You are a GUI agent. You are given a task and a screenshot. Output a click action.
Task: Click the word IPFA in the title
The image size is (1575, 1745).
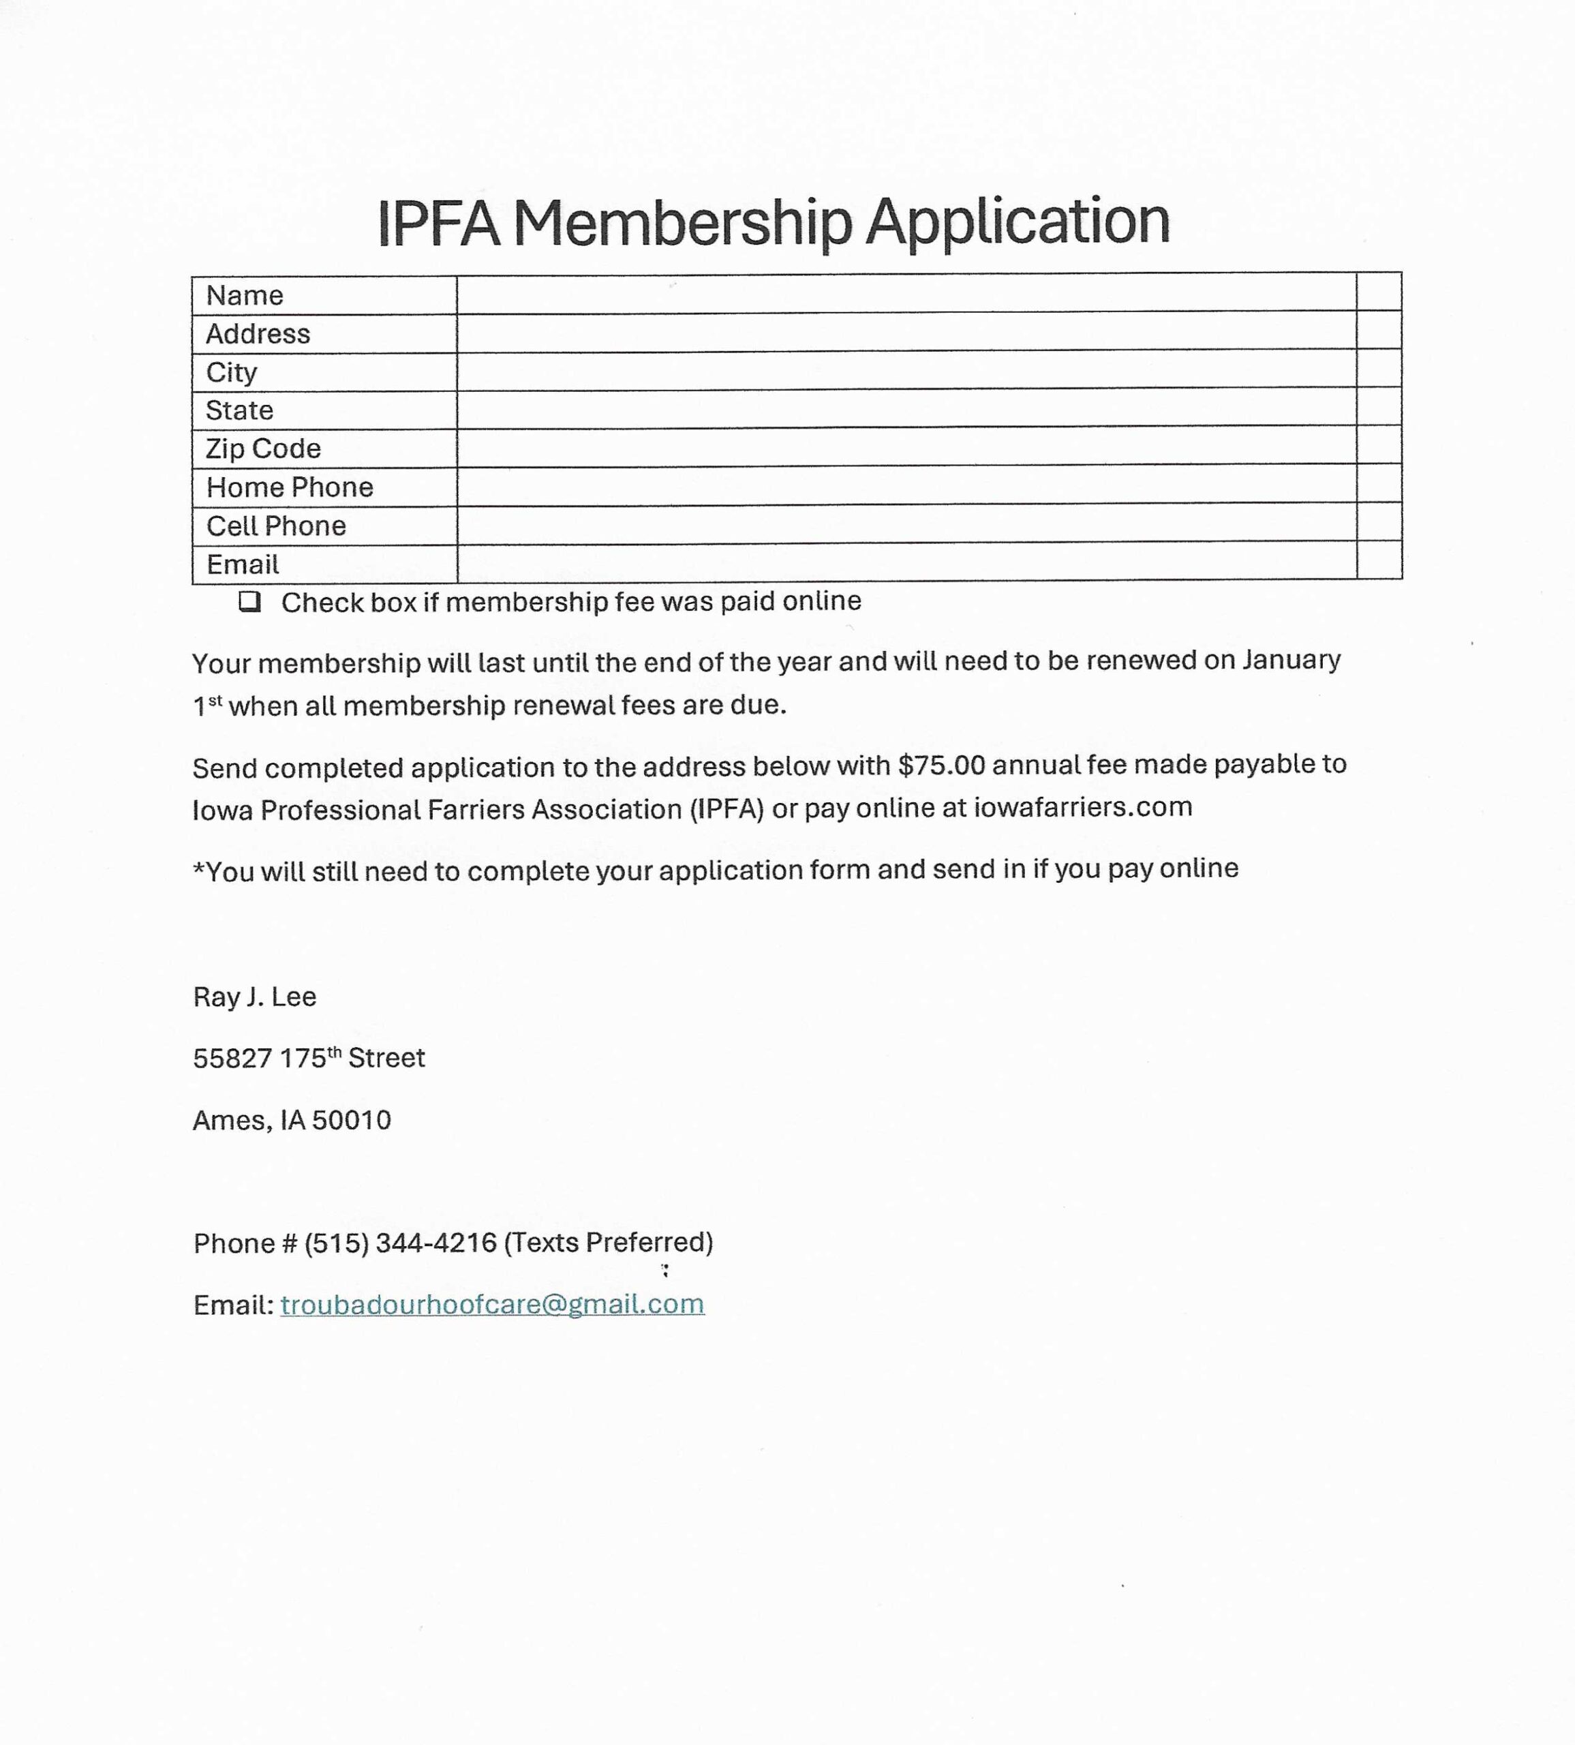click(x=439, y=224)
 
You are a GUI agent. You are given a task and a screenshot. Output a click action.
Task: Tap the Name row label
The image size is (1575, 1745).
click(x=244, y=296)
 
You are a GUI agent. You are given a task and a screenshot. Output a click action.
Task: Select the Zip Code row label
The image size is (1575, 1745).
click(x=262, y=449)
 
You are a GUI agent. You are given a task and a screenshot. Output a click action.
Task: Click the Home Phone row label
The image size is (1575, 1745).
click(x=289, y=487)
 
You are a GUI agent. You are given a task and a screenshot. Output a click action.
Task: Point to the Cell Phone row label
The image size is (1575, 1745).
click(x=275, y=526)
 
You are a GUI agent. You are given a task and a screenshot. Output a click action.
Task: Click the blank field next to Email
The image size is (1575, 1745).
click(x=905, y=562)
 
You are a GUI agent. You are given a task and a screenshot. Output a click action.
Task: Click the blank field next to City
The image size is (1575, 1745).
click(x=905, y=369)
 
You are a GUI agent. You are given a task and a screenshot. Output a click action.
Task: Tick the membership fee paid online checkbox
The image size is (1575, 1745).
click(x=249, y=602)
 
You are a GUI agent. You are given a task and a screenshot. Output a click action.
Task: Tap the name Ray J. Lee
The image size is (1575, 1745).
click(x=254, y=997)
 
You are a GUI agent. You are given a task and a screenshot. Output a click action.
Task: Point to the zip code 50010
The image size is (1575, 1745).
click(x=352, y=1121)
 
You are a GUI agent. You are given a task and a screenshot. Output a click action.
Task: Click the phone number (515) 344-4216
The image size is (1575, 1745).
click(x=400, y=1243)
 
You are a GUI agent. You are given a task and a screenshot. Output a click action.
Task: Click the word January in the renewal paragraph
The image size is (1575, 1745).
click(x=1291, y=660)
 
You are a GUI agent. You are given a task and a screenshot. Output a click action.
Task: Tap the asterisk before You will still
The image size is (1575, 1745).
click(x=198, y=870)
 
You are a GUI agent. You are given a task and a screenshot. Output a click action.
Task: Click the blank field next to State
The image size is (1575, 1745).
click(x=905, y=408)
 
